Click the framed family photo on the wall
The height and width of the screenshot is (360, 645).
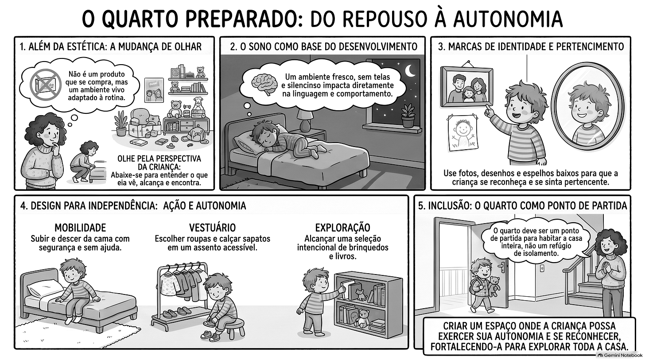[466, 86]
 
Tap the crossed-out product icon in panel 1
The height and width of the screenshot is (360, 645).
[46, 84]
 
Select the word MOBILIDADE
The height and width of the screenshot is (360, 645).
[80, 228]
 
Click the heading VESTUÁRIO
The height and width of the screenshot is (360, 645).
[212, 228]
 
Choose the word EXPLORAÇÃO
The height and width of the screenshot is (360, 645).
[343, 228]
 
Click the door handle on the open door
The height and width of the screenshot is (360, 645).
[502, 267]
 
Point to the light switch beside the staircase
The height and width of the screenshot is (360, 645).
[542, 268]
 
